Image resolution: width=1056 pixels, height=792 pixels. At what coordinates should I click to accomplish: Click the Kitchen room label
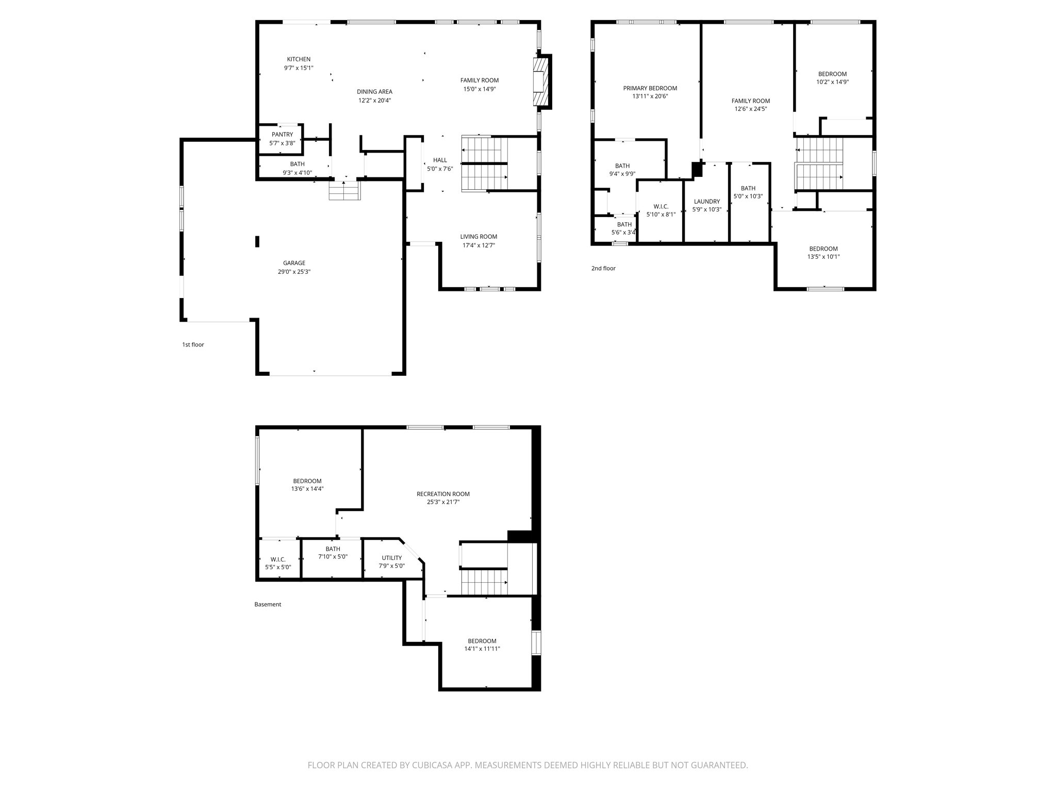[299, 59]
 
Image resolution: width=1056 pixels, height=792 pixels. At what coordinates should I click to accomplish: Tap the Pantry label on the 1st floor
[282, 135]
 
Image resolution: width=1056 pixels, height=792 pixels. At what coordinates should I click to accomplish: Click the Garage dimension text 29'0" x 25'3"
[294, 272]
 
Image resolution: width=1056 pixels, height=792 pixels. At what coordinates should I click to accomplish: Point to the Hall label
[440, 160]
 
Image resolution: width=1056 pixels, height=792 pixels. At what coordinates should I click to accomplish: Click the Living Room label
[478, 237]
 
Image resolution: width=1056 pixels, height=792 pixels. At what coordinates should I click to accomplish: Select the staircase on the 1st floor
[484, 164]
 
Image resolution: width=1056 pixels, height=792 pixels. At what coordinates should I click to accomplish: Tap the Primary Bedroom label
[650, 88]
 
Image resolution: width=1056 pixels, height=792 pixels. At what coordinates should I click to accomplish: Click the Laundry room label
[706, 202]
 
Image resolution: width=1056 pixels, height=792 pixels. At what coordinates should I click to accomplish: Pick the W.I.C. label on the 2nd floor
[661, 206]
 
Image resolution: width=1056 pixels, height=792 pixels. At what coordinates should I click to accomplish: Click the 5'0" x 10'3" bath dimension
[748, 196]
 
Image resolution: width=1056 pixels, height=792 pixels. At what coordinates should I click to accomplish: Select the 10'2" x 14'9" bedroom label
[832, 82]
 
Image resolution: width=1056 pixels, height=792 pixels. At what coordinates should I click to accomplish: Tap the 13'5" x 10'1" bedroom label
[823, 257]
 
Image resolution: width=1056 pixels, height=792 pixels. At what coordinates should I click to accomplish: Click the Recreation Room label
[443, 494]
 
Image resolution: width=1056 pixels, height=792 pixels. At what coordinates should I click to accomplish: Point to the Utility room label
[391, 558]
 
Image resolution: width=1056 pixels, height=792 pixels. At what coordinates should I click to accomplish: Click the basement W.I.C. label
[278, 559]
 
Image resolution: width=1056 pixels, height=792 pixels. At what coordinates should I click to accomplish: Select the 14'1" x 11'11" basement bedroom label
[482, 649]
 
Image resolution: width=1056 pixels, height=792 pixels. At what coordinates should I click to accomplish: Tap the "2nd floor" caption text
[603, 268]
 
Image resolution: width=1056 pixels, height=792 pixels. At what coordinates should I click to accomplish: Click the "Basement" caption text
[268, 604]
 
